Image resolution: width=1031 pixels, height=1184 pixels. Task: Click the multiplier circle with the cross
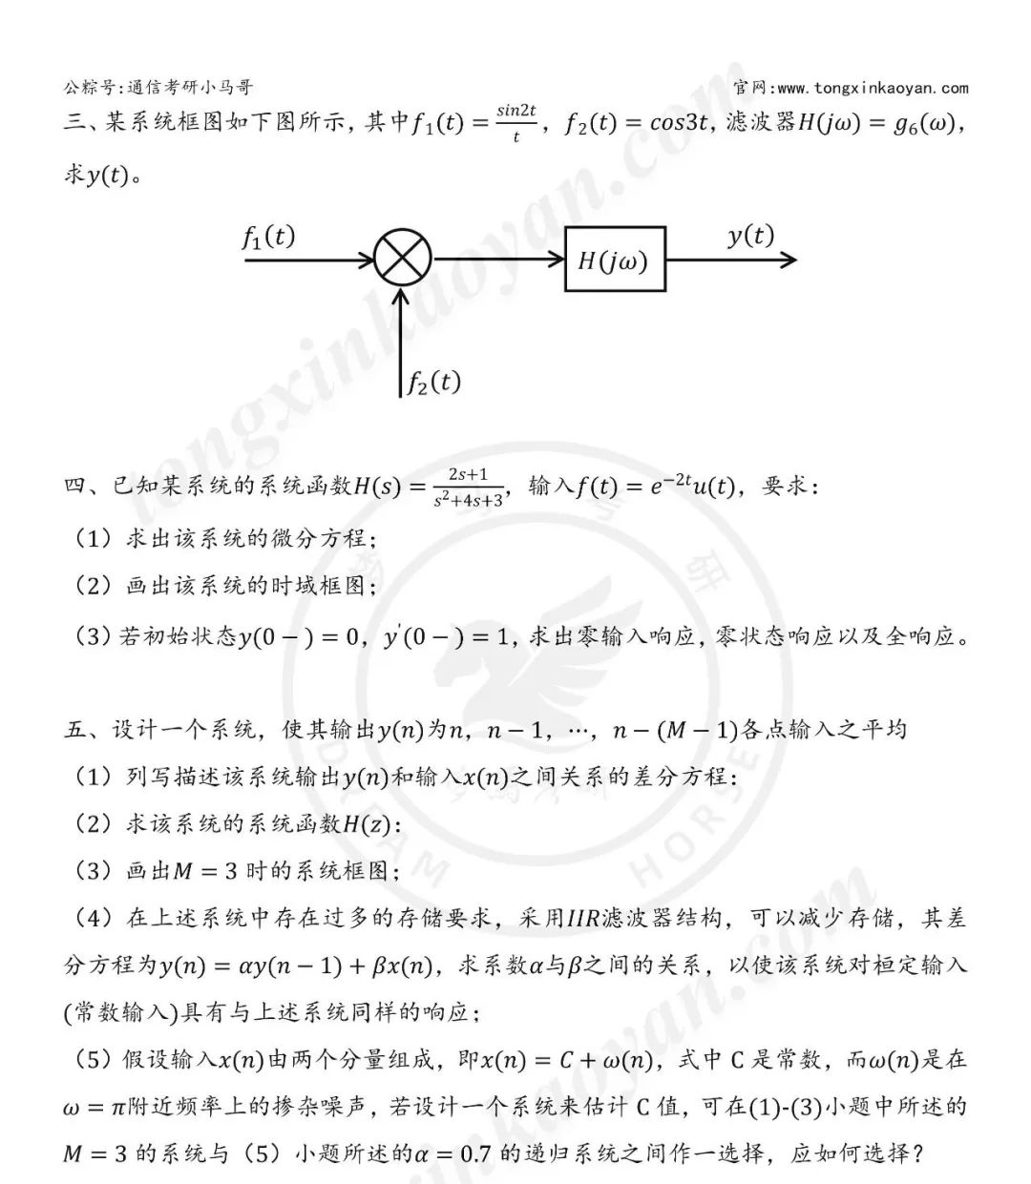[x=403, y=259]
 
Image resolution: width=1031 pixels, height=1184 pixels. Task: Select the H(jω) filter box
[x=614, y=260]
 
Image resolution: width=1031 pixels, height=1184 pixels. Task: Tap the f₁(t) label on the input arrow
[x=268, y=237]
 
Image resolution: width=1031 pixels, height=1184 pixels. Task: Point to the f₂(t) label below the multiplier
[x=433, y=383]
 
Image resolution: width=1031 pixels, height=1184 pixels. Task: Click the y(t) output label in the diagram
[x=750, y=236]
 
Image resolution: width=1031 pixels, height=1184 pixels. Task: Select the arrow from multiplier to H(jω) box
[x=497, y=260]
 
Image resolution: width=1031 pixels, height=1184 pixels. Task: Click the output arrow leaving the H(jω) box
[x=730, y=260]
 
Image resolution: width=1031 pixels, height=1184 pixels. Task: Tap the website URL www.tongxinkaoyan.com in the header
[x=873, y=89]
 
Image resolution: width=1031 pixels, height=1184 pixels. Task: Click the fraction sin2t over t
[x=516, y=123]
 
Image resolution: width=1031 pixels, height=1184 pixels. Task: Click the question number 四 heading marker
[x=75, y=487]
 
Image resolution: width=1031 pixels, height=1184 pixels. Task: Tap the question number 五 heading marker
[x=75, y=731]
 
